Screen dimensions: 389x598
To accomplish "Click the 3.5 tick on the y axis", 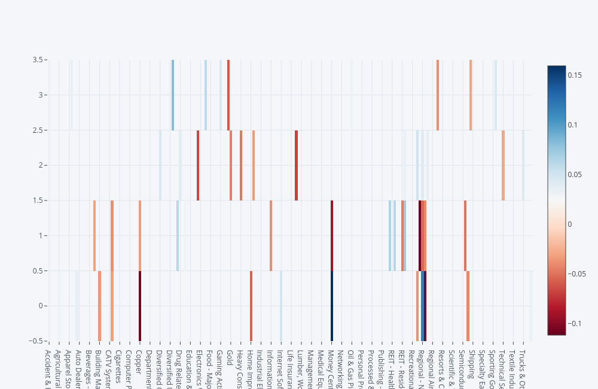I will [x=37, y=60].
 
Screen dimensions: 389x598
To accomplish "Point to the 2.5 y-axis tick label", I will [x=37, y=130].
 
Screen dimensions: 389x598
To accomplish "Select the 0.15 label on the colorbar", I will [x=576, y=75].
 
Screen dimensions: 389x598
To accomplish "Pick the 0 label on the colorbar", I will [x=569, y=224].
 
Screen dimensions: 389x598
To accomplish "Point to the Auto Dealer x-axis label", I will [x=78, y=366].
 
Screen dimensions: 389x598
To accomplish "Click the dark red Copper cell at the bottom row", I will [x=140, y=306].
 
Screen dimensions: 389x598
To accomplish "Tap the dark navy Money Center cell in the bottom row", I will [x=332, y=306].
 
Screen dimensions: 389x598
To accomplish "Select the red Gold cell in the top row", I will [x=228, y=95].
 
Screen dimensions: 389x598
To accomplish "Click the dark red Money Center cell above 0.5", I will [x=332, y=235].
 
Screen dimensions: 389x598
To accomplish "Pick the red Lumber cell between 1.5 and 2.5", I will [x=296, y=165].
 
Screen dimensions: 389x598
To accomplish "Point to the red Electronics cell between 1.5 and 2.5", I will [x=198, y=165].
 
